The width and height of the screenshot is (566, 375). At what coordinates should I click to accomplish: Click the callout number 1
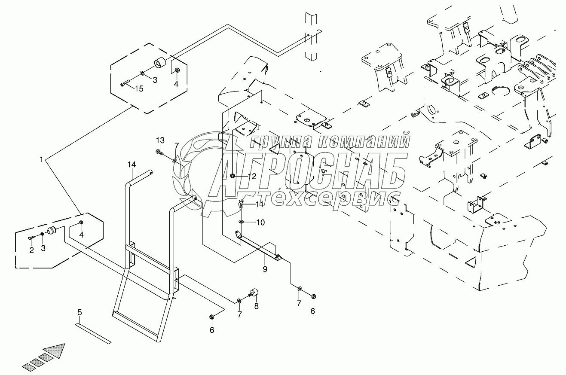(41, 159)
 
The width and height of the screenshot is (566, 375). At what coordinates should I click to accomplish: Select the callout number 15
(139, 89)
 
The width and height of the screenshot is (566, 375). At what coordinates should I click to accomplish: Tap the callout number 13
(160, 140)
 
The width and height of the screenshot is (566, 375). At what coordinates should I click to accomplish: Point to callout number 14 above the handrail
(131, 165)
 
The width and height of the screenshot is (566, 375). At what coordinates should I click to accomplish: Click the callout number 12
(251, 176)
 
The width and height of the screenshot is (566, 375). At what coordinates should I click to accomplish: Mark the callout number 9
(265, 269)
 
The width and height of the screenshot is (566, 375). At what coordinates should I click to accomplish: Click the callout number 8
(256, 306)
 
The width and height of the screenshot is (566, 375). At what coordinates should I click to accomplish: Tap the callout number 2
(31, 251)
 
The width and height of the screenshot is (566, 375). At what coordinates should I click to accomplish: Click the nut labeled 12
(232, 176)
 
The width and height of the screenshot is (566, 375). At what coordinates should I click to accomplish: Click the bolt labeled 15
(125, 85)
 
